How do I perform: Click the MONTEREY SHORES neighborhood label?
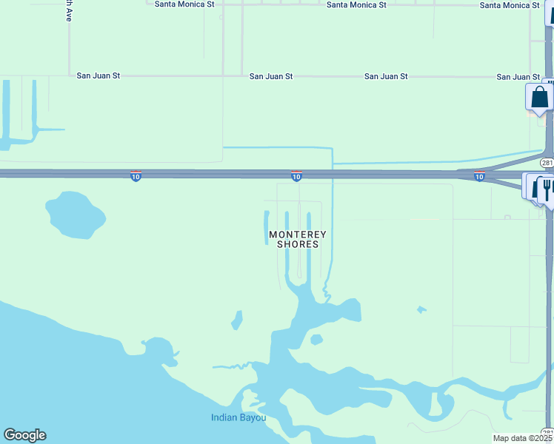click(x=297, y=239)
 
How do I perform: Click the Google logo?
click(x=24, y=435)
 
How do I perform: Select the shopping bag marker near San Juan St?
click(x=540, y=97)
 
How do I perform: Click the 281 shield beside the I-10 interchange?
click(x=547, y=163)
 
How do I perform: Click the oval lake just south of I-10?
click(x=75, y=213)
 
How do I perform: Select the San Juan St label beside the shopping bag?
click(x=518, y=77)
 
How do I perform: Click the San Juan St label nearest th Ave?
click(x=99, y=75)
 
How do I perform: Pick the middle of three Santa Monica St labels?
click(x=356, y=5)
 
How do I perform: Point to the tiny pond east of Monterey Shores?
click(x=421, y=309)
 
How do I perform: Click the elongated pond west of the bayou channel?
click(x=237, y=320)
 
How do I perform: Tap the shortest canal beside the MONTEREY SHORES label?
click(x=267, y=221)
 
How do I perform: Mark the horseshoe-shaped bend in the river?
click(x=444, y=403)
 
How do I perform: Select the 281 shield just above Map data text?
click(x=547, y=431)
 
